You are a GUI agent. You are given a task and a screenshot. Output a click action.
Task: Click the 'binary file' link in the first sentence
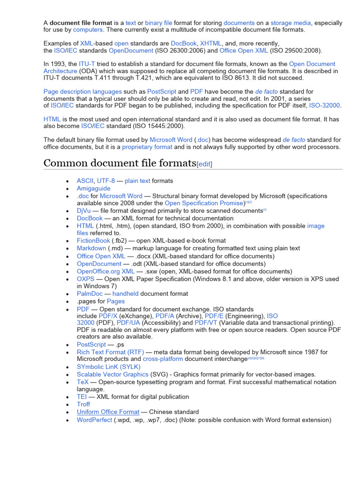click(x=158, y=22)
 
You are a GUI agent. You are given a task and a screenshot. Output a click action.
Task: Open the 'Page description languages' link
click(x=82, y=91)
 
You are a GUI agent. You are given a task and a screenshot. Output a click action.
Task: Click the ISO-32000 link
click(x=325, y=106)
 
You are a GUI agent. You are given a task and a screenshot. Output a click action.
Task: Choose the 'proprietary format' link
click(x=147, y=147)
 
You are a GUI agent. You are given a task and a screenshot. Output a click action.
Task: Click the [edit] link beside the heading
click(x=204, y=164)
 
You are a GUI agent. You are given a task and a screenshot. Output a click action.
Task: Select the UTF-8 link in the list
click(x=106, y=180)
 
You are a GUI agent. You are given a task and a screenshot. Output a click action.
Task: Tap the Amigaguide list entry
click(x=94, y=188)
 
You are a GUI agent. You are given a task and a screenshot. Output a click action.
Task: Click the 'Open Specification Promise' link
click(x=204, y=203)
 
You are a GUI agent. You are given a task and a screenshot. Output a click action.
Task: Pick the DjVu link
click(x=84, y=211)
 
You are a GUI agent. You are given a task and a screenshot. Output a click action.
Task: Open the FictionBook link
click(x=93, y=240)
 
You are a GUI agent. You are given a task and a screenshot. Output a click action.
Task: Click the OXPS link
click(x=86, y=279)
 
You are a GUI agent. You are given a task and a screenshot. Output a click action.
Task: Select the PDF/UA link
click(x=128, y=322)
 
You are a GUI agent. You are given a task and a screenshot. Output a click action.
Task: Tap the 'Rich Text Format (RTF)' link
click(x=110, y=352)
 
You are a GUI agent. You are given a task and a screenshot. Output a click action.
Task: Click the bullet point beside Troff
click(x=68, y=405)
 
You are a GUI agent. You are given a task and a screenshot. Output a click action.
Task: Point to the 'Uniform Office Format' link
click(x=108, y=412)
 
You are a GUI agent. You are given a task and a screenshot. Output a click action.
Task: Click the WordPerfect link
click(x=94, y=420)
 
